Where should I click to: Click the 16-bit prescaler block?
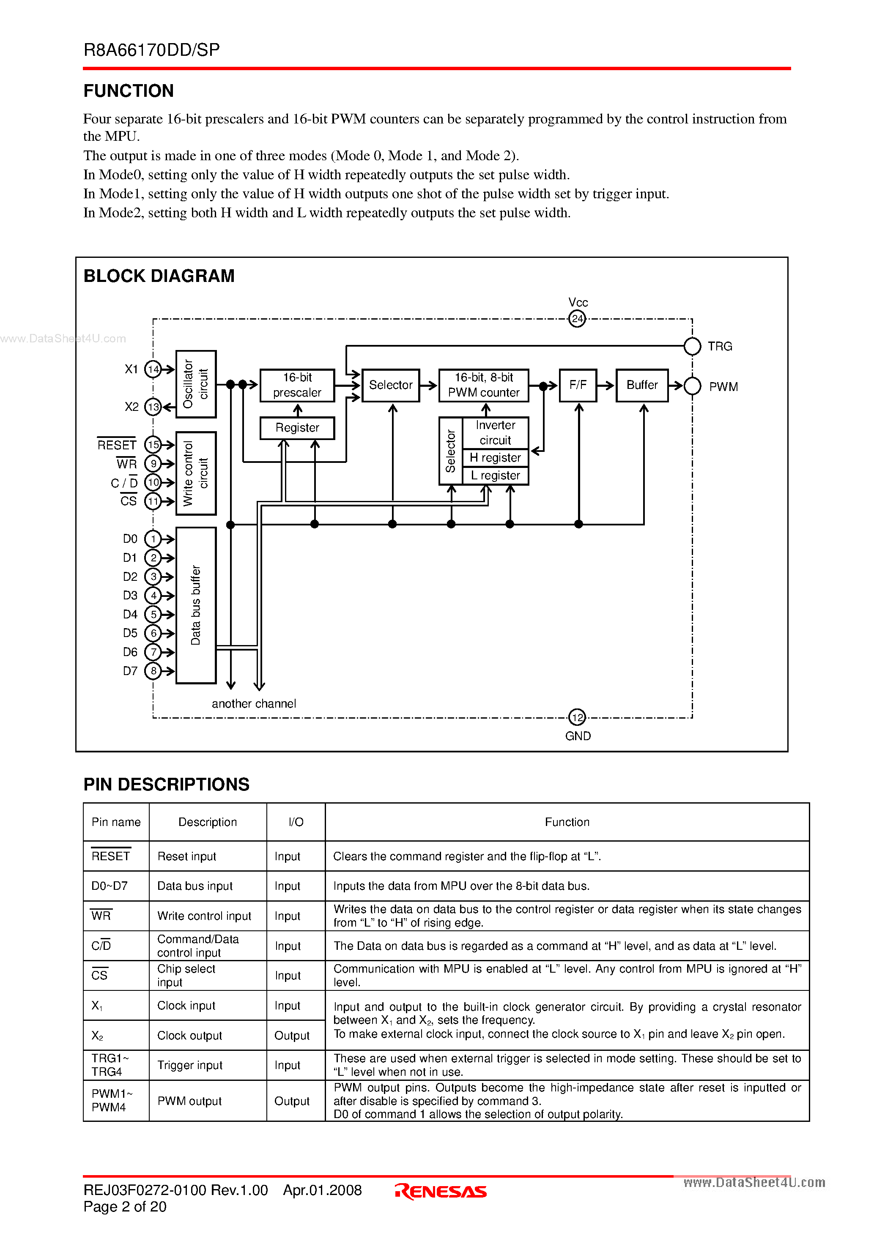tap(297, 385)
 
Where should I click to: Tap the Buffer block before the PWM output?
tap(641, 385)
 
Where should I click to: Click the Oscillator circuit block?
tap(196, 384)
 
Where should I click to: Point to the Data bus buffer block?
tap(196, 605)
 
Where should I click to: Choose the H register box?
tap(495, 457)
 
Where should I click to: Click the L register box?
tap(495, 476)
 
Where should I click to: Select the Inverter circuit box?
tap(495, 432)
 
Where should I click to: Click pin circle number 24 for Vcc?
tap(577, 319)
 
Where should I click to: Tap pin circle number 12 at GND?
tap(577, 717)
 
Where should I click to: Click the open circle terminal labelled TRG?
tap(692, 346)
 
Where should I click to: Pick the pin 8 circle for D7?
tap(153, 671)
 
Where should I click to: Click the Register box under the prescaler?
tap(297, 428)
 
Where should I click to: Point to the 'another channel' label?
tap(254, 703)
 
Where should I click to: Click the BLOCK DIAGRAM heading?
tap(159, 276)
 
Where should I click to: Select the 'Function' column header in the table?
tap(567, 822)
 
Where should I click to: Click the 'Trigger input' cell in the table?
tap(189, 1065)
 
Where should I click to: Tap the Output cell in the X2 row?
tap(292, 1036)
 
